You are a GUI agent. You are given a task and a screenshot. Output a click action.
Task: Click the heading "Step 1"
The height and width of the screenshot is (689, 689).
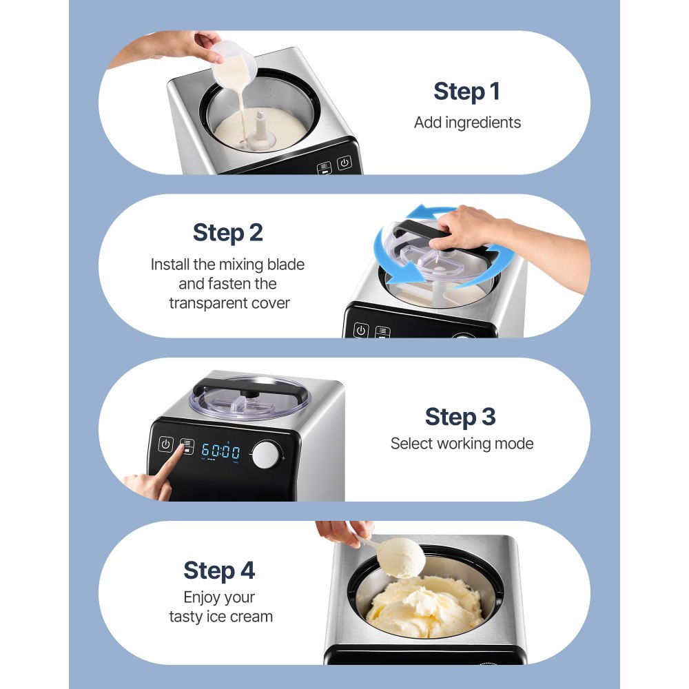tap(466, 92)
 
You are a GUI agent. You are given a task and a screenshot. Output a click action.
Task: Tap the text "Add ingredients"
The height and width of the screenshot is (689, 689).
tap(467, 123)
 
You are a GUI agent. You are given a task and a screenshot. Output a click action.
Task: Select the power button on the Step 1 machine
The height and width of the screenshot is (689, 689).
tap(344, 164)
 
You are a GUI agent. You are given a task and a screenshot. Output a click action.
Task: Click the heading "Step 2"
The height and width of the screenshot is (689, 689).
tap(227, 233)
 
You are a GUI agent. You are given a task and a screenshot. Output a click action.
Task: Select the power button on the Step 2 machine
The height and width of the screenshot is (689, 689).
tap(360, 330)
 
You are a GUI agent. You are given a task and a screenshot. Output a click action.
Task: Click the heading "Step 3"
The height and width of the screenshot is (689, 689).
tap(460, 417)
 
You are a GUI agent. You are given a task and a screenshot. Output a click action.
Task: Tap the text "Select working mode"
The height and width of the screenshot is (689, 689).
tap(462, 444)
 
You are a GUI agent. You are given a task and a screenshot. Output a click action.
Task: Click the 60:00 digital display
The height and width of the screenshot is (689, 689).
tap(220, 452)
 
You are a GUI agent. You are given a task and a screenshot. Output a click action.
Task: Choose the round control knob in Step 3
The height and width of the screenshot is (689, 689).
tap(267, 455)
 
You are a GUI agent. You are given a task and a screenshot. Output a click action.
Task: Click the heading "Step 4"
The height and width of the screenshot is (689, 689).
tap(219, 570)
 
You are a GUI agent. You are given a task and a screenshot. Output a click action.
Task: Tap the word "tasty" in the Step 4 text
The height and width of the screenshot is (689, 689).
tap(186, 616)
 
